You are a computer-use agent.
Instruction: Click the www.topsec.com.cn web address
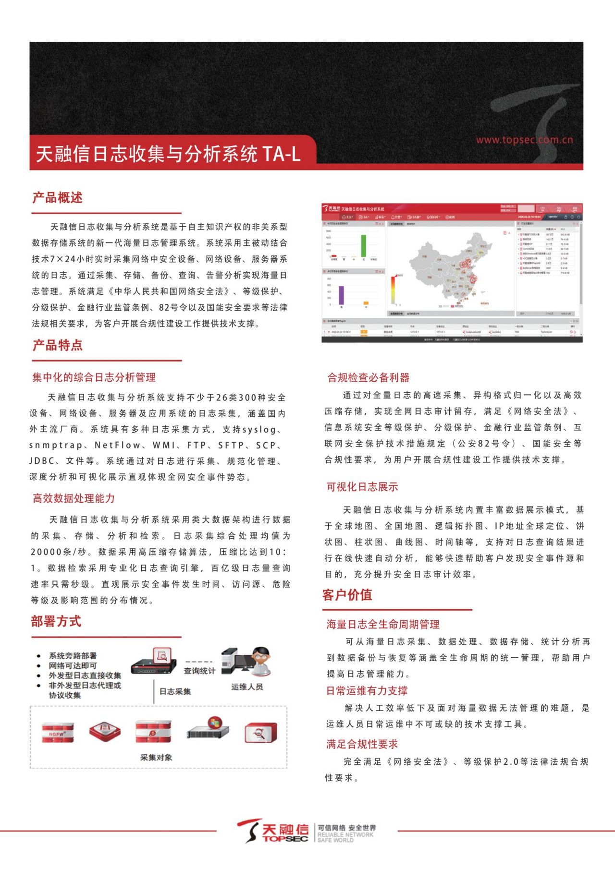click(x=524, y=140)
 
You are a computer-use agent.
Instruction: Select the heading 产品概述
click(x=58, y=198)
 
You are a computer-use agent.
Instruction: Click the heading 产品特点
click(x=58, y=345)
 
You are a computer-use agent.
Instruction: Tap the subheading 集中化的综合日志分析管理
click(x=94, y=377)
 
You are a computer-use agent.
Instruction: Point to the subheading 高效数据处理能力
click(x=74, y=498)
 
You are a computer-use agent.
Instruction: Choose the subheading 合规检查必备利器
click(x=369, y=378)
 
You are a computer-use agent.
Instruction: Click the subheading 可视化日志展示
click(x=362, y=487)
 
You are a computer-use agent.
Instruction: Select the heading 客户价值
click(x=347, y=595)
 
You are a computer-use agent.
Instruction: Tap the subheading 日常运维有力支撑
click(x=367, y=691)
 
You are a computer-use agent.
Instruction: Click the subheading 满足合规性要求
click(x=362, y=744)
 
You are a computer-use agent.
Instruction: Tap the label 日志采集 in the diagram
click(x=175, y=691)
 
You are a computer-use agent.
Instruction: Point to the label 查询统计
click(x=199, y=671)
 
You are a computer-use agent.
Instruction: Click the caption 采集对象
click(x=156, y=757)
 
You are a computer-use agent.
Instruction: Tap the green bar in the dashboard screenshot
click(x=364, y=245)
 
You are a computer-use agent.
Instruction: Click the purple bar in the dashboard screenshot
click(x=342, y=295)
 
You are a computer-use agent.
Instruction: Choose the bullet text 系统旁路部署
click(x=73, y=656)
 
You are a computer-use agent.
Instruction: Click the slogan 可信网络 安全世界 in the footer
click(x=347, y=828)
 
